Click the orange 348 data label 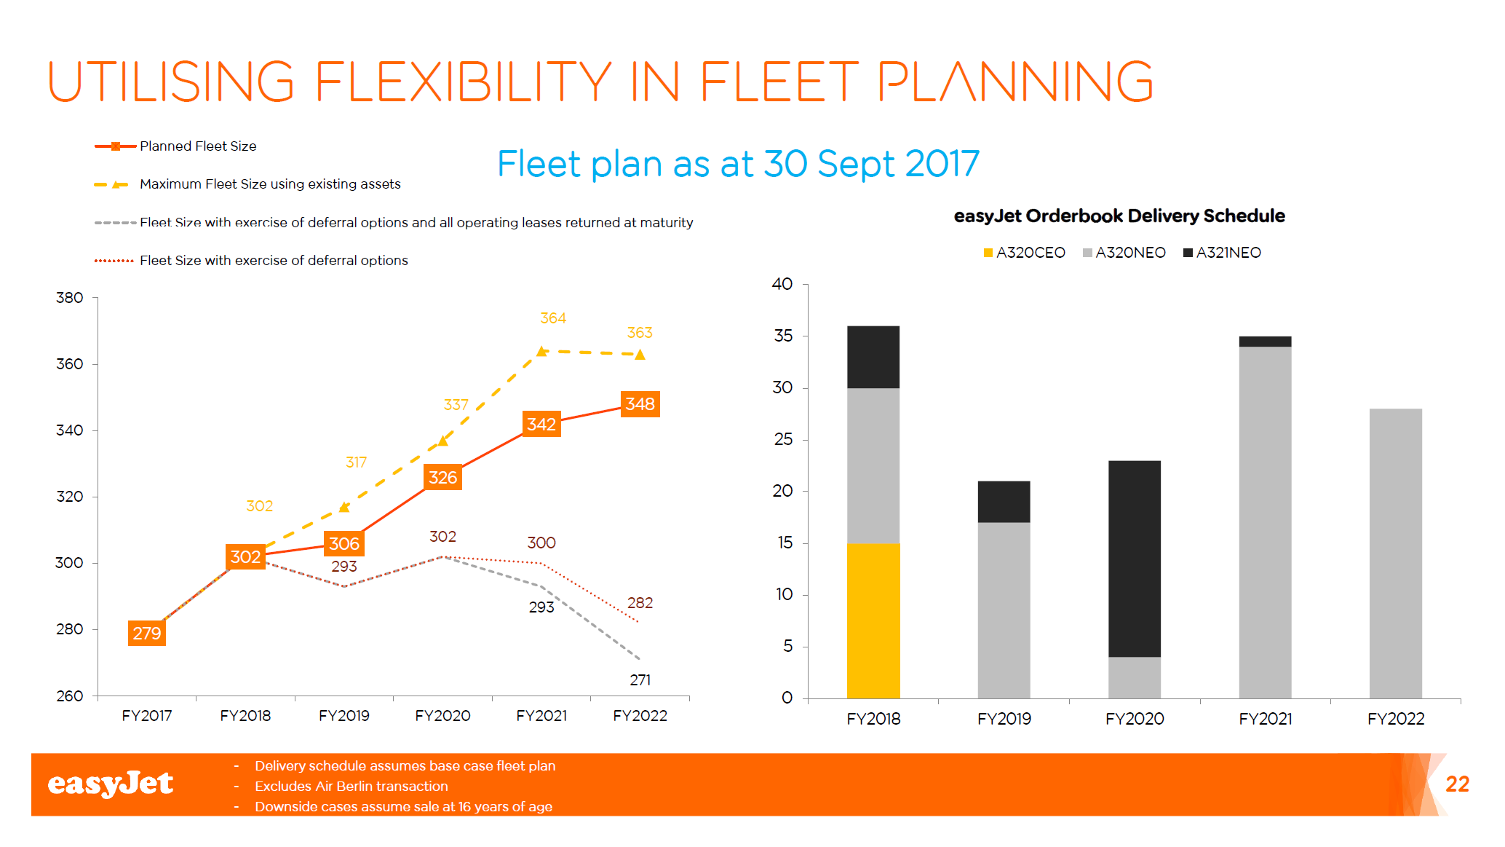pyautogui.click(x=640, y=404)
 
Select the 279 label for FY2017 pyautogui.click(x=147, y=633)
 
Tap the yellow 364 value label pyautogui.click(x=553, y=318)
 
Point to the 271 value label pyautogui.click(x=640, y=680)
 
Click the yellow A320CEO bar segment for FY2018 pyautogui.click(x=873, y=621)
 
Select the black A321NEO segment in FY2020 pyautogui.click(x=1135, y=559)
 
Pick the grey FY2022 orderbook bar pyautogui.click(x=1395, y=553)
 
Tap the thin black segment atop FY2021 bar pyautogui.click(x=1265, y=342)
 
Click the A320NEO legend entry pyautogui.click(x=1124, y=253)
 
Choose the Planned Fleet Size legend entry pyautogui.click(x=176, y=146)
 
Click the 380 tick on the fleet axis pyautogui.click(x=70, y=298)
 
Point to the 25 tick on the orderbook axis pyautogui.click(x=783, y=439)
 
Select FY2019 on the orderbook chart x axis pyautogui.click(x=1004, y=719)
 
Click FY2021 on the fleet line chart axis pyautogui.click(x=541, y=716)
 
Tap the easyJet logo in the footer pyautogui.click(x=111, y=784)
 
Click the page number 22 pyautogui.click(x=1457, y=784)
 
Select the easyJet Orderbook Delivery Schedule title pyautogui.click(x=1119, y=216)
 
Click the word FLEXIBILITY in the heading pyautogui.click(x=464, y=82)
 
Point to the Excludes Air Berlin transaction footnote pyautogui.click(x=351, y=787)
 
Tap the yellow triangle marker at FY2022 pyautogui.click(x=640, y=355)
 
